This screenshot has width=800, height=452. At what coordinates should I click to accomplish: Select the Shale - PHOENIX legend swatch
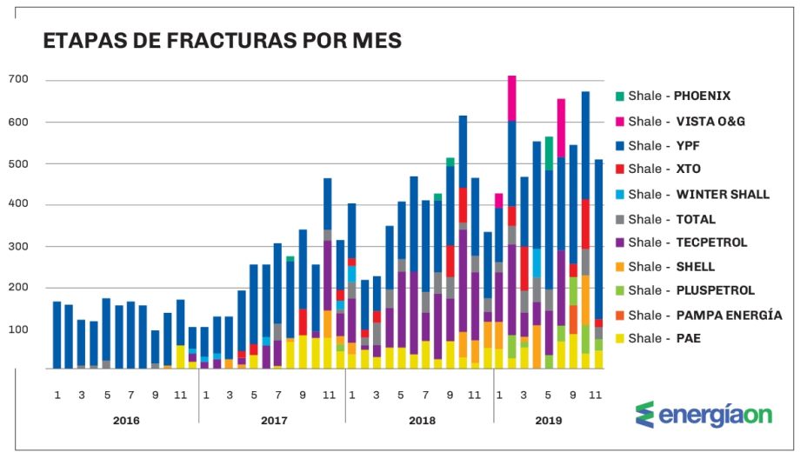coord(618,96)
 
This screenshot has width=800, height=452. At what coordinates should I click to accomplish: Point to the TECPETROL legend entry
coord(687,243)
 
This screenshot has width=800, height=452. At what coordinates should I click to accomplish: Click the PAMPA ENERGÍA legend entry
coord(704,315)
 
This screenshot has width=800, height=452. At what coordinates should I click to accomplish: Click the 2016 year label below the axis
coord(126,421)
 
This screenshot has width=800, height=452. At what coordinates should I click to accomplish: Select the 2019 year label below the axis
coord(548,421)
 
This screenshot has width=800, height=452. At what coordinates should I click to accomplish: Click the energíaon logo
coord(704,415)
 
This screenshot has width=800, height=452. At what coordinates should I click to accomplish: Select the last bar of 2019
coord(598,261)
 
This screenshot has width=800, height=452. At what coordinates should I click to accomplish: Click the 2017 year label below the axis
coord(273,421)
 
